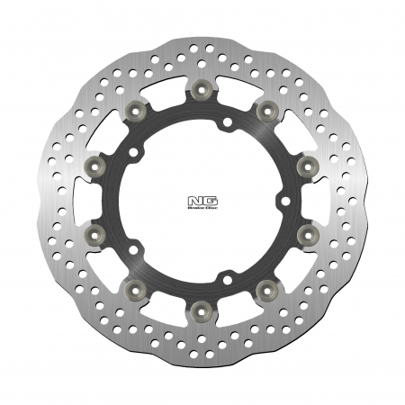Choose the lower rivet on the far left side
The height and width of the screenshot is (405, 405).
coord(96,236)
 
